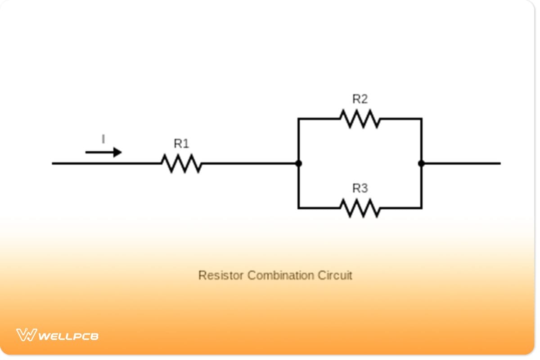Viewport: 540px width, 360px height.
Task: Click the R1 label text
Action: pos(181,144)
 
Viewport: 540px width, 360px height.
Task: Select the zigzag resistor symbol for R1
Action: pos(181,163)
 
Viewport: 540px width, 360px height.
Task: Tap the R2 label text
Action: pos(360,99)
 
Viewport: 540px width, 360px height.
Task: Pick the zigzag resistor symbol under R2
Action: pos(360,119)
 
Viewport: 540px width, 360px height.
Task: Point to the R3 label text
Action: pos(360,189)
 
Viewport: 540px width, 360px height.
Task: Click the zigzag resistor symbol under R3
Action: pos(360,208)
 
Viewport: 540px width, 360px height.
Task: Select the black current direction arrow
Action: pos(103,153)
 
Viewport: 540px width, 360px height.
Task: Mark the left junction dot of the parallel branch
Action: pos(298,163)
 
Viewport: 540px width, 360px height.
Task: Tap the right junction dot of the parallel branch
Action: pos(421,163)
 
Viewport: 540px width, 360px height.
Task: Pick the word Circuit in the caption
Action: pos(335,275)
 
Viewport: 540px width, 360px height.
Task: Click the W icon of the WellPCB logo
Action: pos(26,335)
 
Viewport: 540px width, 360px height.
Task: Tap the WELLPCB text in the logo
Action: pos(68,336)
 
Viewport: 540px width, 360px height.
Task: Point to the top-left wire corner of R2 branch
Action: pos(298,119)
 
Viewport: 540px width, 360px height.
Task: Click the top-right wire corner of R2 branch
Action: pos(421,119)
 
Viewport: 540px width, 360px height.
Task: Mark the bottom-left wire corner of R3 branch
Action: pos(298,208)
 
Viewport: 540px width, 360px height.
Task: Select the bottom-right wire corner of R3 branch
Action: pos(421,208)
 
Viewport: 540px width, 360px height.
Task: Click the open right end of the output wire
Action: pos(499,163)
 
